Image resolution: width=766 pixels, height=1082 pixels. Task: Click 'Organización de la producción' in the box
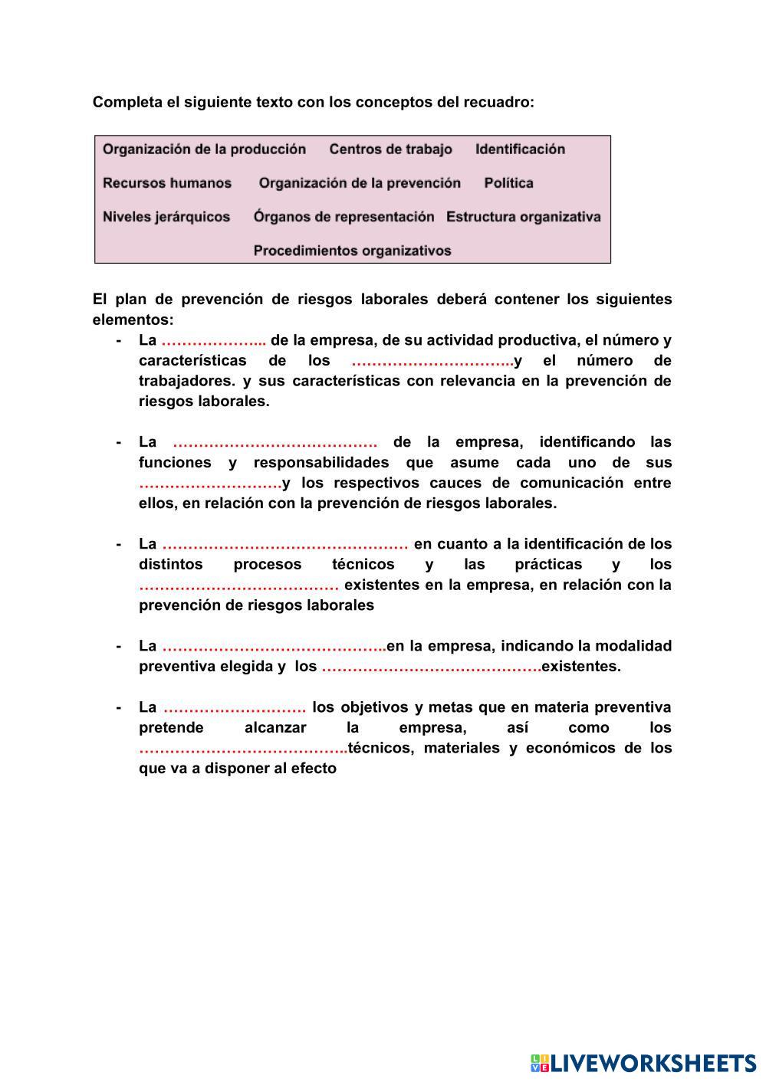pyautogui.click(x=204, y=149)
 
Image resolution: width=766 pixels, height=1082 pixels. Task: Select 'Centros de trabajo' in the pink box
pyautogui.click(x=390, y=149)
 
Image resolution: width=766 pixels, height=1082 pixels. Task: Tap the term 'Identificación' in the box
pyautogui.click(x=520, y=149)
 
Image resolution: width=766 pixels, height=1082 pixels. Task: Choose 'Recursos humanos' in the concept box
pyautogui.click(x=167, y=183)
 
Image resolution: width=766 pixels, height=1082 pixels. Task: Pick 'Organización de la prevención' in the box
pyautogui.click(x=360, y=183)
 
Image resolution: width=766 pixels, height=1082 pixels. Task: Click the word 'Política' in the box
pyautogui.click(x=508, y=183)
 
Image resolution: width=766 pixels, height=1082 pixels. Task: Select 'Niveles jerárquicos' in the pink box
pyautogui.click(x=166, y=217)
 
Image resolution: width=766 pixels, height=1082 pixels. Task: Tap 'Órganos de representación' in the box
pyautogui.click(x=344, y=217)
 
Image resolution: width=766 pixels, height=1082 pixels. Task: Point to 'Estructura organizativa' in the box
pyautogui.click(x=523, y=217)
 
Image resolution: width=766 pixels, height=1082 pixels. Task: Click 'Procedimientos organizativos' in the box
pyautogui.click(x=352, y=251)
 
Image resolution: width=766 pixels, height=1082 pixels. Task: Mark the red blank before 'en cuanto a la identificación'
pyautogui.click(x=284, y=545)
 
